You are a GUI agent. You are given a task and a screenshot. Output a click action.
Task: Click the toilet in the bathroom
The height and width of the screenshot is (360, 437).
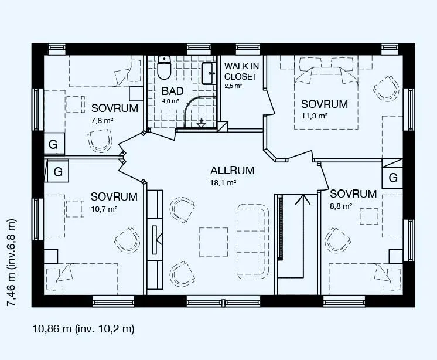point(164,67)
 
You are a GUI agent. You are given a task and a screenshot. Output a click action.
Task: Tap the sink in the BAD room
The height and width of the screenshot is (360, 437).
point(208,73)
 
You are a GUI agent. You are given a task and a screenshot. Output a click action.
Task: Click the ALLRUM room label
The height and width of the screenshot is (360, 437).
point(233,171)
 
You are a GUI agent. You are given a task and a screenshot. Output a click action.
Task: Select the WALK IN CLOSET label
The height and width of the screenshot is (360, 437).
point(241,72)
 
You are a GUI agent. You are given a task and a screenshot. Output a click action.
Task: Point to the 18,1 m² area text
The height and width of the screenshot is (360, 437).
point(223,183)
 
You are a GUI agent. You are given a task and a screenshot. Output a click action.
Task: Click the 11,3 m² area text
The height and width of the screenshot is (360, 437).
point(315,116)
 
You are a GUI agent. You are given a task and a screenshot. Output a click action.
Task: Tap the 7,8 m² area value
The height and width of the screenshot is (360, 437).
point(102,120)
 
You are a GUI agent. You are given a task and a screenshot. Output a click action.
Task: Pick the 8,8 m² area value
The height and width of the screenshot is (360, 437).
point(341,206)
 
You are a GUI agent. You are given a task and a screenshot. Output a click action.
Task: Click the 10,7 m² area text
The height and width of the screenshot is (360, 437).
point(104,209)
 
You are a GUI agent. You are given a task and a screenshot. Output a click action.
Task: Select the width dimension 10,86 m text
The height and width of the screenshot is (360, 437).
point(84,329)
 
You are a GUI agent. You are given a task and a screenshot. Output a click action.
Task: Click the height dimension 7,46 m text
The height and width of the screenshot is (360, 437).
point(12,263)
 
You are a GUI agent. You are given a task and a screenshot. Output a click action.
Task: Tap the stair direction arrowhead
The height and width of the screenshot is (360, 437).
point(303,200)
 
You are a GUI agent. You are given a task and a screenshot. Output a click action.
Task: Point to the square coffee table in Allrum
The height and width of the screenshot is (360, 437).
point(213,242)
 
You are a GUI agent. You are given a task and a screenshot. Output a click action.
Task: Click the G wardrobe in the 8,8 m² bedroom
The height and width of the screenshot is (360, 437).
point(392,178)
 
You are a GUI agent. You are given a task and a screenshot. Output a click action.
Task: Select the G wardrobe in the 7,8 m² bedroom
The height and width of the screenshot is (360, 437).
point(54,144)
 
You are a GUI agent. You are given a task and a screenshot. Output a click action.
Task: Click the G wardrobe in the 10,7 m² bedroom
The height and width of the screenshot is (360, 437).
point(57,171)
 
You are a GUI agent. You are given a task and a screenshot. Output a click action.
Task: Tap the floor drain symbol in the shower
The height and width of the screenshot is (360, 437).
point(201,123)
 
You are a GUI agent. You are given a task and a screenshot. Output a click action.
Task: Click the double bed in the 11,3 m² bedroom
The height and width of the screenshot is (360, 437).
point(326,97)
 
